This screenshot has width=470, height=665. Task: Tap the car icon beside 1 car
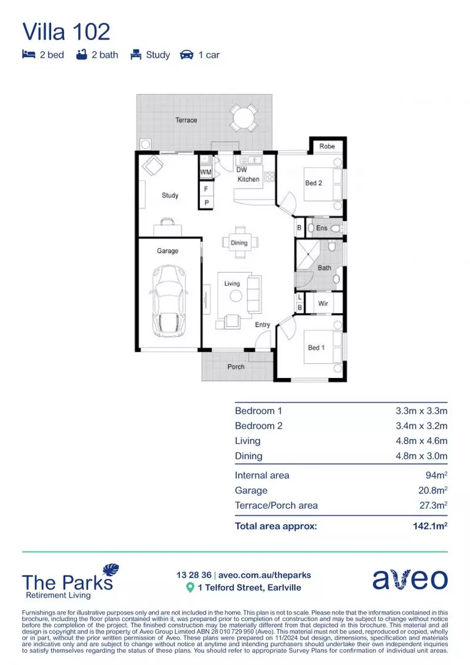[x=186, y=55]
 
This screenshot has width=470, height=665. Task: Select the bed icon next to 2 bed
[x=29, y=55]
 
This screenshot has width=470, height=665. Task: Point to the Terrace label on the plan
[x=186, y=120]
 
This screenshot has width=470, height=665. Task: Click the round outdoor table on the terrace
[x=244, y=116]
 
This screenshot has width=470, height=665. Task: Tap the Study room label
[x=170, y=195]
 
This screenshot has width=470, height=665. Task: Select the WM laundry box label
[x=205, y=172]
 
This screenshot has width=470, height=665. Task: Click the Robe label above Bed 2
[x=327, y=147]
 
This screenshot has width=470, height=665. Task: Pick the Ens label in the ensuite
[x=322, y=228]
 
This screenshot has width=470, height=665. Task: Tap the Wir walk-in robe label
[x=323, y=304]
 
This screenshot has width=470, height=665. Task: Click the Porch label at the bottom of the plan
[x=236, y=366]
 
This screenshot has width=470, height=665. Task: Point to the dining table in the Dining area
[x=239, y=243]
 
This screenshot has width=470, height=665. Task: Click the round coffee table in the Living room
[x=236, y=296]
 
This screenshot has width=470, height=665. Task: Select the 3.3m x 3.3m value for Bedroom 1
[x=421, y=411]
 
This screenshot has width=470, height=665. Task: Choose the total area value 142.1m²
[x=429, y=526]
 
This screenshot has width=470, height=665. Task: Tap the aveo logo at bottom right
[x=410, y=579]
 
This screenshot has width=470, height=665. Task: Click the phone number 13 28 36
[x=193, y=575]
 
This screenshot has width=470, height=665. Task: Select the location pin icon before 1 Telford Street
[x=190, y=587]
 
